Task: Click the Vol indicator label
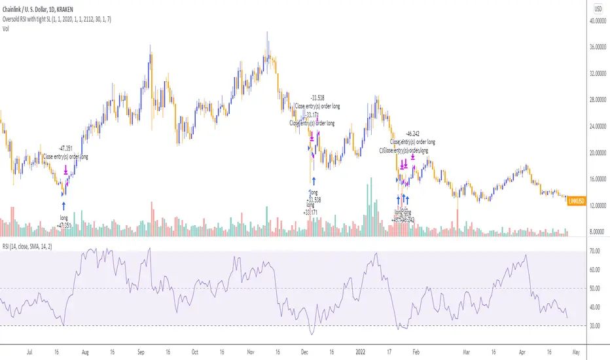[6, 27]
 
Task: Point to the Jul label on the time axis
[29, 351]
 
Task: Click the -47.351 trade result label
[65, 149]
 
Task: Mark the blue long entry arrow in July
[63, 206]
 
